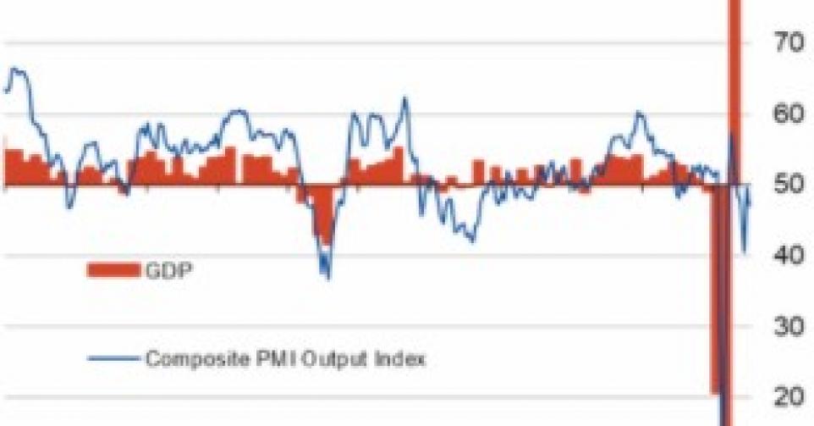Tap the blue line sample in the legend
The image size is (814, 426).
(114, 358)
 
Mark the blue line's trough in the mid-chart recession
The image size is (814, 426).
(327, 276)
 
